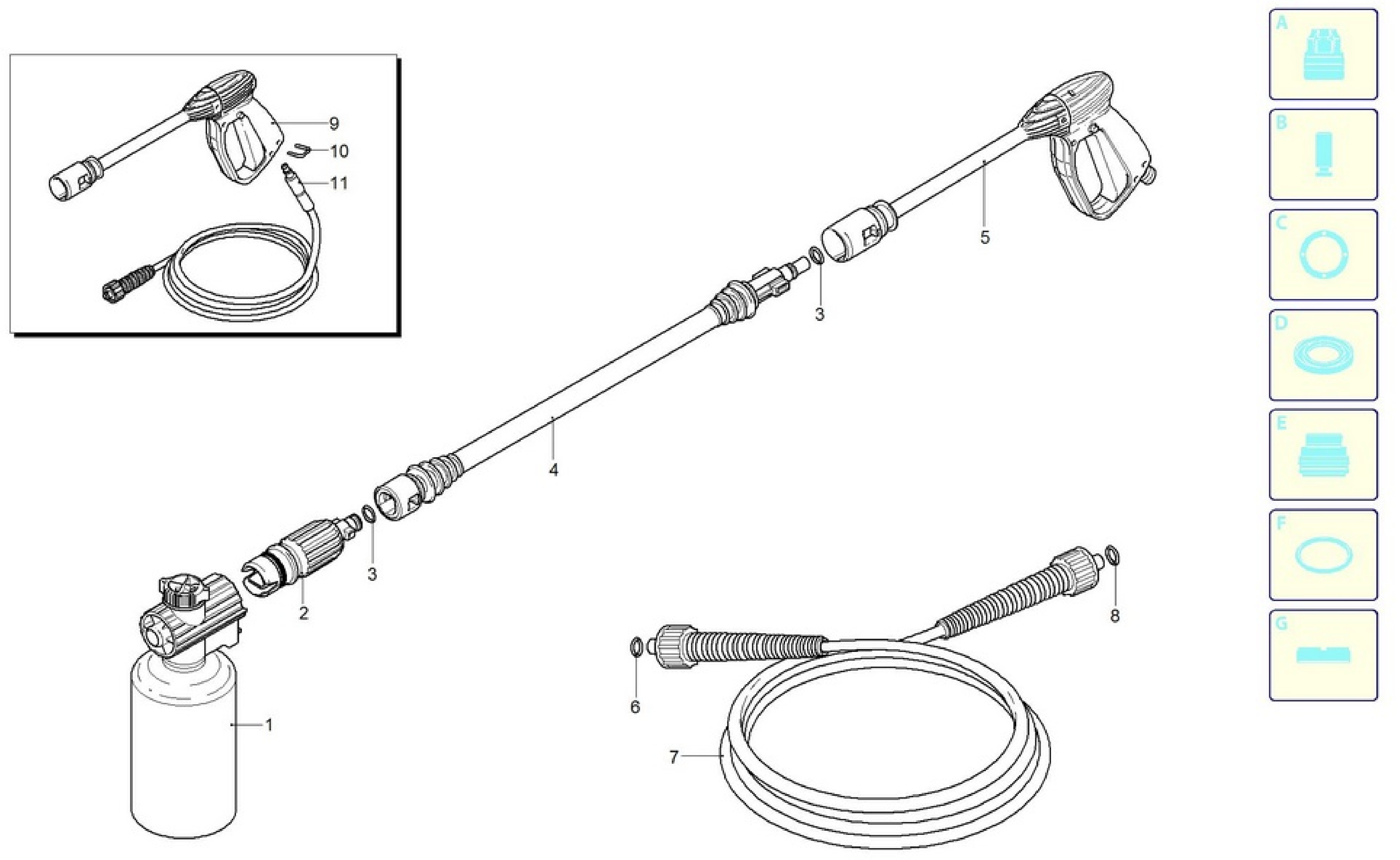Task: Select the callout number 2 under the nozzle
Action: click(x=304, y=613)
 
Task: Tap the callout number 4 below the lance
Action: click(x=554, y=470)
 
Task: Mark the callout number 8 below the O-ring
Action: click(x=1114, y=615)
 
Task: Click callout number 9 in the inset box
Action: click(x=334, y=123)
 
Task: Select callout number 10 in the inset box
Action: click(x=339, y=151)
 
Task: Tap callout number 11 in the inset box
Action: click(x=339, y=183)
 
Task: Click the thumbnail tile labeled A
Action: click(x=1323, y=54)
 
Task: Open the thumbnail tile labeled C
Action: click(x=1323, y=254)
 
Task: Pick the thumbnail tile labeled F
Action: click(x=1323, y=554)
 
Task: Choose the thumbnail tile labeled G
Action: click(x=1323, y=655)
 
